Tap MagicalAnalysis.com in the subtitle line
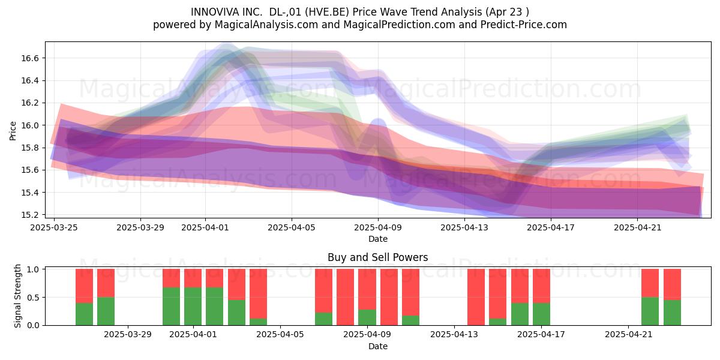point(266,25)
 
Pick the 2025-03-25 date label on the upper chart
point(54,227)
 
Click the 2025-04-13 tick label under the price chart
point(464,227)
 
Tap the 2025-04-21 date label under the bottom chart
point(629,334)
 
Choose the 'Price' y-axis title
point(13,131)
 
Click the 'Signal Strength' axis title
point(17,296)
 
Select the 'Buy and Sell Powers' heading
point(377,257)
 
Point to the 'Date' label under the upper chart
point(377,239)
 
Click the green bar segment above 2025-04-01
point(193,307)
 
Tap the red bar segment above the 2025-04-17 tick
point(541,286)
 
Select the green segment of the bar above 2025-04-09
point(367,317)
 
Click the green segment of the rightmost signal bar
point(672,313)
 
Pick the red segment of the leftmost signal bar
point(84,286)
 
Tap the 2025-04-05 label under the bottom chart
point(280,334)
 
